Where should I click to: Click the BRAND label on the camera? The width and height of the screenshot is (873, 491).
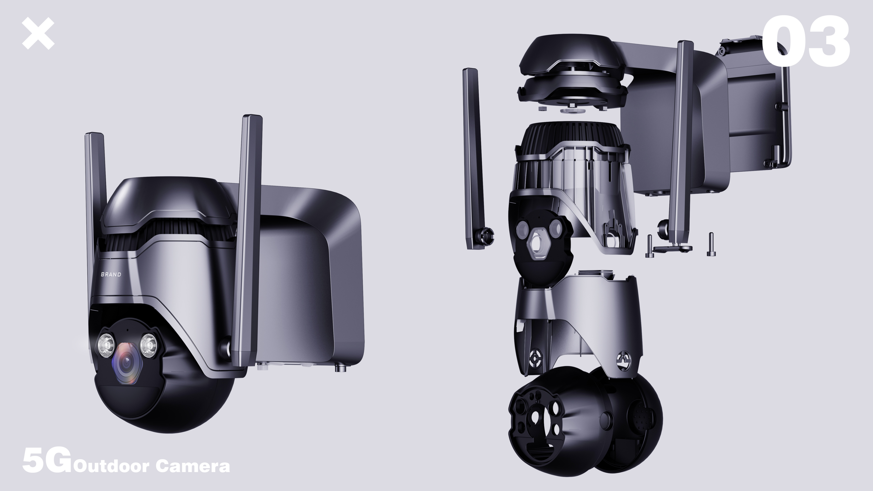(x=111, y=274)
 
